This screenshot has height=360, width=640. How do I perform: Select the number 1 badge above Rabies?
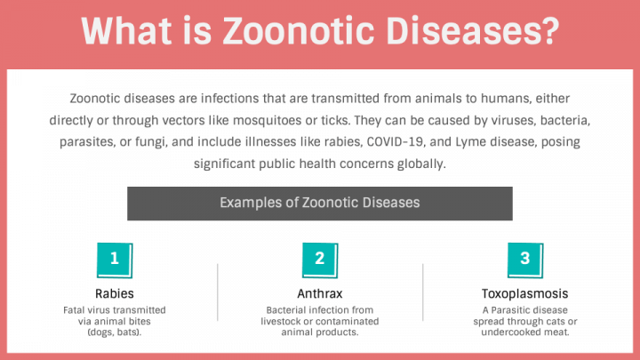click(115, 260)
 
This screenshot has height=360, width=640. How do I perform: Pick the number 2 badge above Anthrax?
click(320, 260)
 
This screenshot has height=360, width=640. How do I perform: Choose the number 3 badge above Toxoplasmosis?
click(525, 260)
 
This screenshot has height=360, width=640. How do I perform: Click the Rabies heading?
click(115, 293)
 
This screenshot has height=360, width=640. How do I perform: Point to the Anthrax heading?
click(320, 293)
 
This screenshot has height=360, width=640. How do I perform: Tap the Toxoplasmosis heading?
click(525, 293)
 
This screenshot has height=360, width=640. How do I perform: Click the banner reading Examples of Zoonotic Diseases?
click(320, 203)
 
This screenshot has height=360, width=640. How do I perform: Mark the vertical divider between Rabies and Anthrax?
click(218, 299)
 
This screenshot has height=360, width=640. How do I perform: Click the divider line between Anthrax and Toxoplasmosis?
click(423, 299)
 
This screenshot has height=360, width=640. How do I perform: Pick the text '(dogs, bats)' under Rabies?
click(115, 332)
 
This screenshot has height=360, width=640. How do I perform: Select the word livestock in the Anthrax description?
click(289, 321)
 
